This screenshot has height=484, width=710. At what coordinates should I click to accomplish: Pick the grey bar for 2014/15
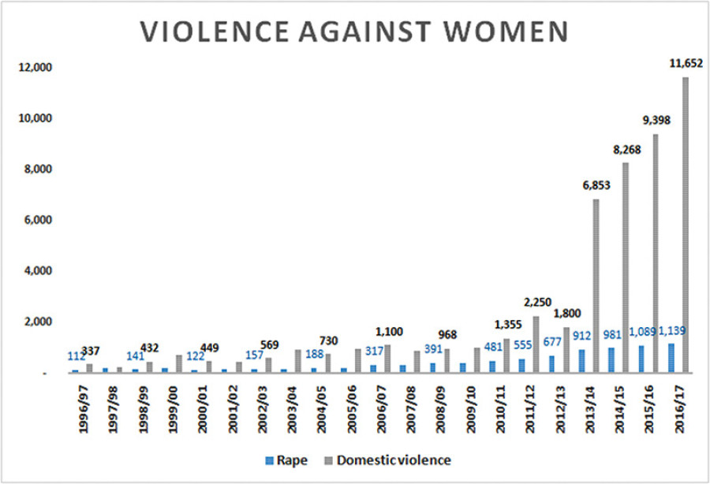625,267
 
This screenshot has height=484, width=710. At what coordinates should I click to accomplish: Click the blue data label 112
76,355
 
